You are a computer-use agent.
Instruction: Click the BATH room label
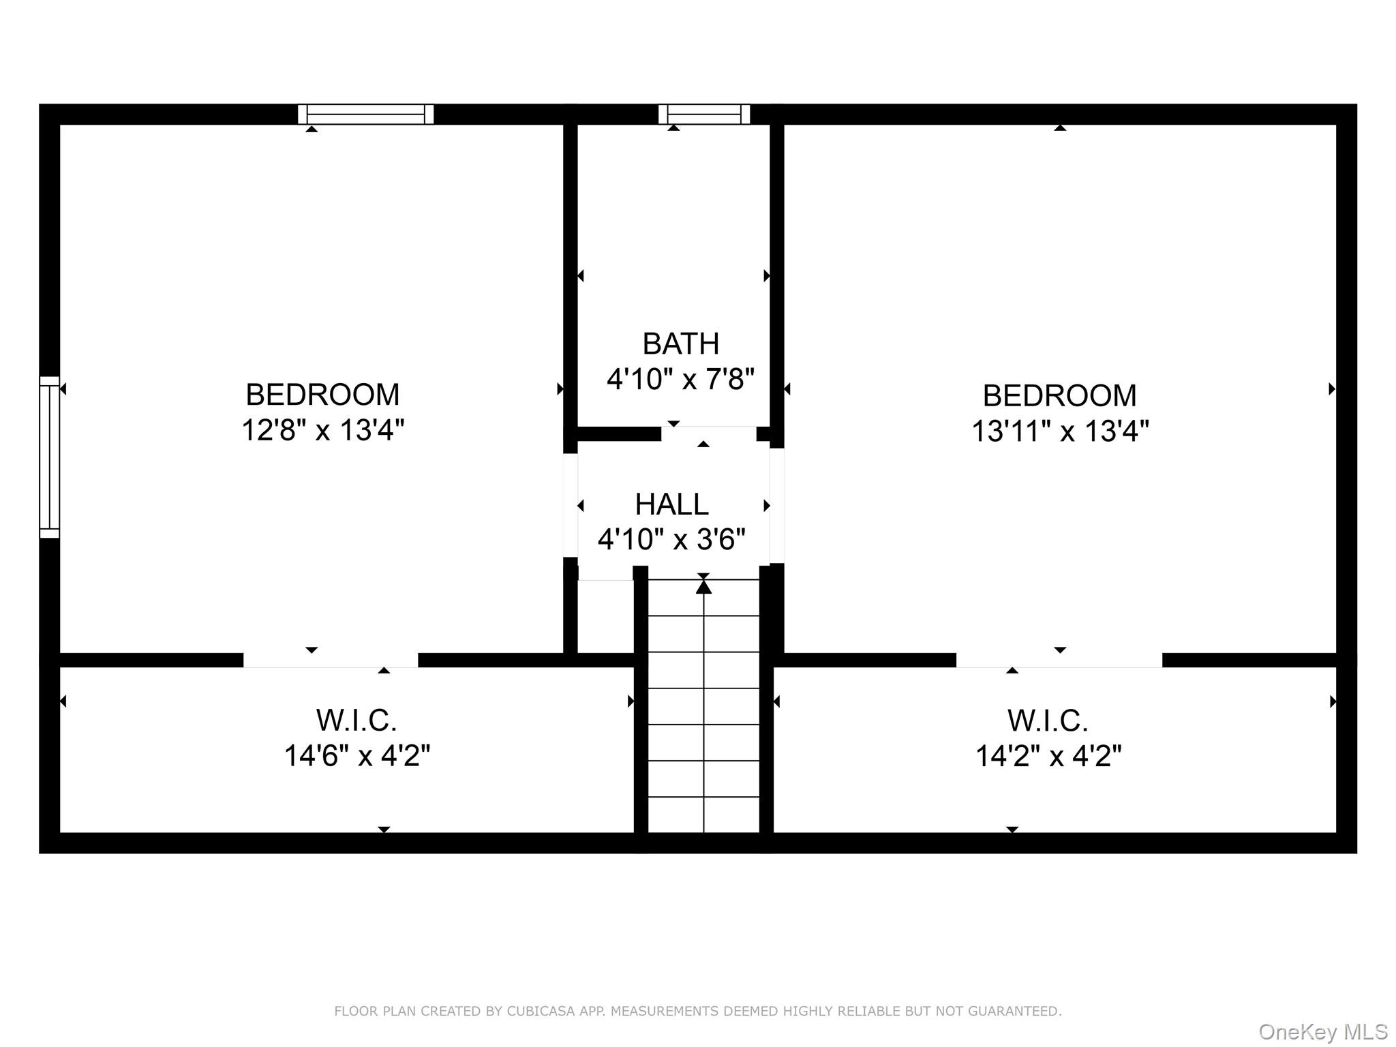(680, 344)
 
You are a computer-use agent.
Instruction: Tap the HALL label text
(671, 505)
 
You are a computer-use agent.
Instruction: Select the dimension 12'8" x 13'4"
(322, 430)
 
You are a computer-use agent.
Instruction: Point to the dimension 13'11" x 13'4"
(1059, 431)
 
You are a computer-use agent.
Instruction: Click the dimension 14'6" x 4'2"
(356, 756)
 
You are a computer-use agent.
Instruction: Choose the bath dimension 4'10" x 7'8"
(680, 379)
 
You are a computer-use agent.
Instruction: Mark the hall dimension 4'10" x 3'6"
(671, 540)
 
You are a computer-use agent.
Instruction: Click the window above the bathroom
(703, 114)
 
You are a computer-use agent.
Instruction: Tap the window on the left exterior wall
(49, 457)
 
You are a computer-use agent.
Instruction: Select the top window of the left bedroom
(366, 114)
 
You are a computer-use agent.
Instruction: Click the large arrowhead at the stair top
(703, 586)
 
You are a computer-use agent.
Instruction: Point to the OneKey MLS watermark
(1323, 1032)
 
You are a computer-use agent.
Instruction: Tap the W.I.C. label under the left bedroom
(356, 720)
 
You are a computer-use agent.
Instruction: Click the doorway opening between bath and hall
(708, 434)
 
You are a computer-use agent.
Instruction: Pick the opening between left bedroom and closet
(331, 660)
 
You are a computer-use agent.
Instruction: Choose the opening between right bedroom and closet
(1059, 660)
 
